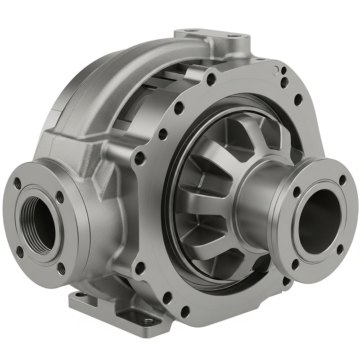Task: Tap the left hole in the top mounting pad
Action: [x=188, y=32]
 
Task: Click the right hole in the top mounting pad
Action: [x=234, y=36]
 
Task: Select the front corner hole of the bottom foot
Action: [x=148, y=321]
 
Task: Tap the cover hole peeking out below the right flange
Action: [x=285, y=281]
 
